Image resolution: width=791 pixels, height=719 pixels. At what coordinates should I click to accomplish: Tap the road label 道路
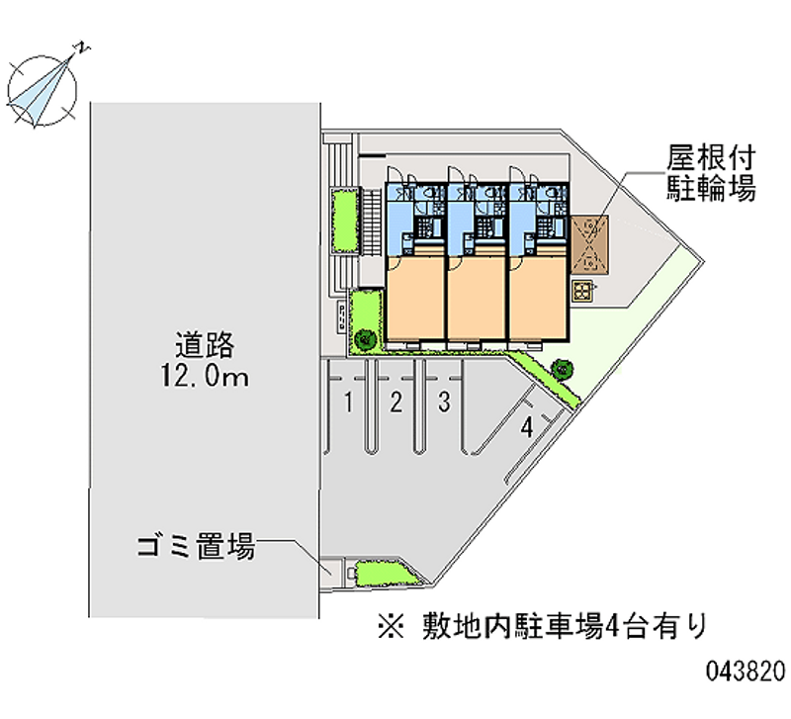(205, 345)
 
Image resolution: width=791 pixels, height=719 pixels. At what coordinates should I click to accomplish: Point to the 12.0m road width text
(205, 377)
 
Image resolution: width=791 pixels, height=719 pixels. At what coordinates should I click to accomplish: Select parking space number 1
(349, 402)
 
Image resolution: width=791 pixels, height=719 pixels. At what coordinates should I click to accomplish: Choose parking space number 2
(395, 402)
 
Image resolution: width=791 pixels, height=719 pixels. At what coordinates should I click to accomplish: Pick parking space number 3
(445, 402)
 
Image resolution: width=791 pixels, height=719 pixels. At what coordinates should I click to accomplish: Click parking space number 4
(528, 427)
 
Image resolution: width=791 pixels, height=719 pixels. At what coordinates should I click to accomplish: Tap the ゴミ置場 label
(197, 545)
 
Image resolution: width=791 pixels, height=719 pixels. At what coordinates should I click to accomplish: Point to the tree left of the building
(363, 339)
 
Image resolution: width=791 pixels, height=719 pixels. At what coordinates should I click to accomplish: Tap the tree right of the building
(563, 368)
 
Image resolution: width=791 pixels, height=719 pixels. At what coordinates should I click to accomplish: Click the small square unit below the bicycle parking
(583, 290)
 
